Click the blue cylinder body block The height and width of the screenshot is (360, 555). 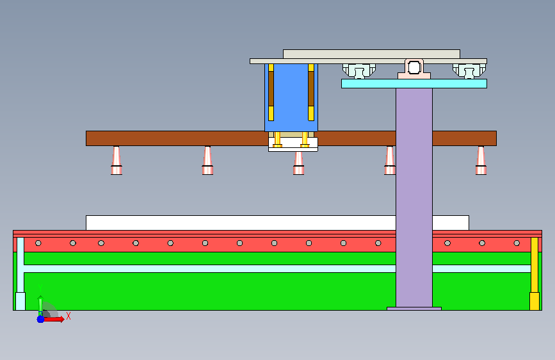[x=291, y=97]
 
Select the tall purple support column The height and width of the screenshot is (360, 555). [x=414, y=197]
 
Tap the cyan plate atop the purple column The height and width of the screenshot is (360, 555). [x=414, y=84]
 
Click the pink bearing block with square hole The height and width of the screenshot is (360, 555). [x=414, y=69]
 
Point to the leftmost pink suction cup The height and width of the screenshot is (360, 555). [x=117, y=161]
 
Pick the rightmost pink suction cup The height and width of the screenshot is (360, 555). [x=481, y=161]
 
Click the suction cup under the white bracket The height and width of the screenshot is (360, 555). [x=299, y=163]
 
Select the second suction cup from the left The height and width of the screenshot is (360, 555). [x=208, y=161]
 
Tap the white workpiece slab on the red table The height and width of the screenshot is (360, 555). [x=278, y=223]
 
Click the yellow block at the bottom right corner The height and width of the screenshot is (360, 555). [x=535, y=301]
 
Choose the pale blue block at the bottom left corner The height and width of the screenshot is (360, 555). [x=20, y=301]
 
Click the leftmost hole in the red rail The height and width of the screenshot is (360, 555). [x=38, y=243]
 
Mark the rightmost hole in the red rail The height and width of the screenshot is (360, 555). [x=517, y=243]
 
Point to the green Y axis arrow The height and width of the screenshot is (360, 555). [x=40, y=306]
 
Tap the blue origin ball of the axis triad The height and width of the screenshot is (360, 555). [x=41, y=319]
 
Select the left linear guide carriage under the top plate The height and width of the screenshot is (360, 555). [x=359, y=71]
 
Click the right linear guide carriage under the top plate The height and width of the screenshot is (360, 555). [x=469, y=71]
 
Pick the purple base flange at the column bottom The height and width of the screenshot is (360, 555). [x=414, y=309]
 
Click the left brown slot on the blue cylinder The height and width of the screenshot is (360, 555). [x=271, y=88]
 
